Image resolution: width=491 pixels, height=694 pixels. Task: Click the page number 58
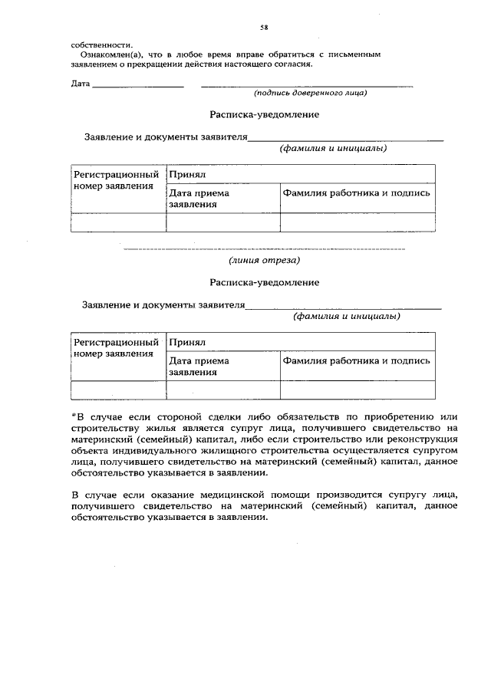[x=263, y=27]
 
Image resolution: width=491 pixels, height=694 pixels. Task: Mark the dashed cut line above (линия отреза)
[x=264, y=249]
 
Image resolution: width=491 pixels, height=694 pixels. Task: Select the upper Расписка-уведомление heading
[x=264, y=114]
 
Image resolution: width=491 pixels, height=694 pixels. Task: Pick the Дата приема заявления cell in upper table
[x=199, y=199]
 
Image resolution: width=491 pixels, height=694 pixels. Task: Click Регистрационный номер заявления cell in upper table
[x=117, y=180]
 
